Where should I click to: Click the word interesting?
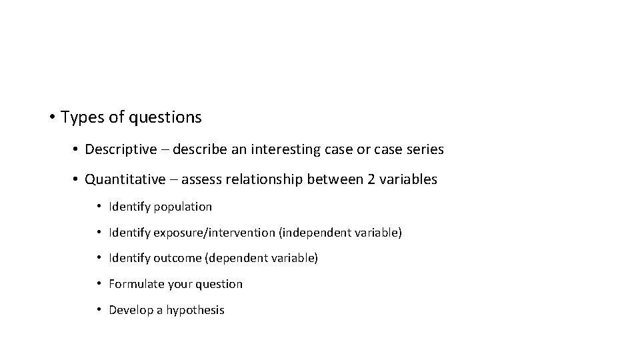[287, 149]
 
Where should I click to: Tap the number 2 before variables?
[371, 179]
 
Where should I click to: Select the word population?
[183, 207]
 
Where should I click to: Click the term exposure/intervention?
[215, 233]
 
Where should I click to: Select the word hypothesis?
[195, 310]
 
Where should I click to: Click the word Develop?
[131, 310]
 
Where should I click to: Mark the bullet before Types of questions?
[51, 118]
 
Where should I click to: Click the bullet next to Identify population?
[99, 207]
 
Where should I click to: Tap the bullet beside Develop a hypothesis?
[99, 310]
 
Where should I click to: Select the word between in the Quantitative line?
[334, 179]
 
